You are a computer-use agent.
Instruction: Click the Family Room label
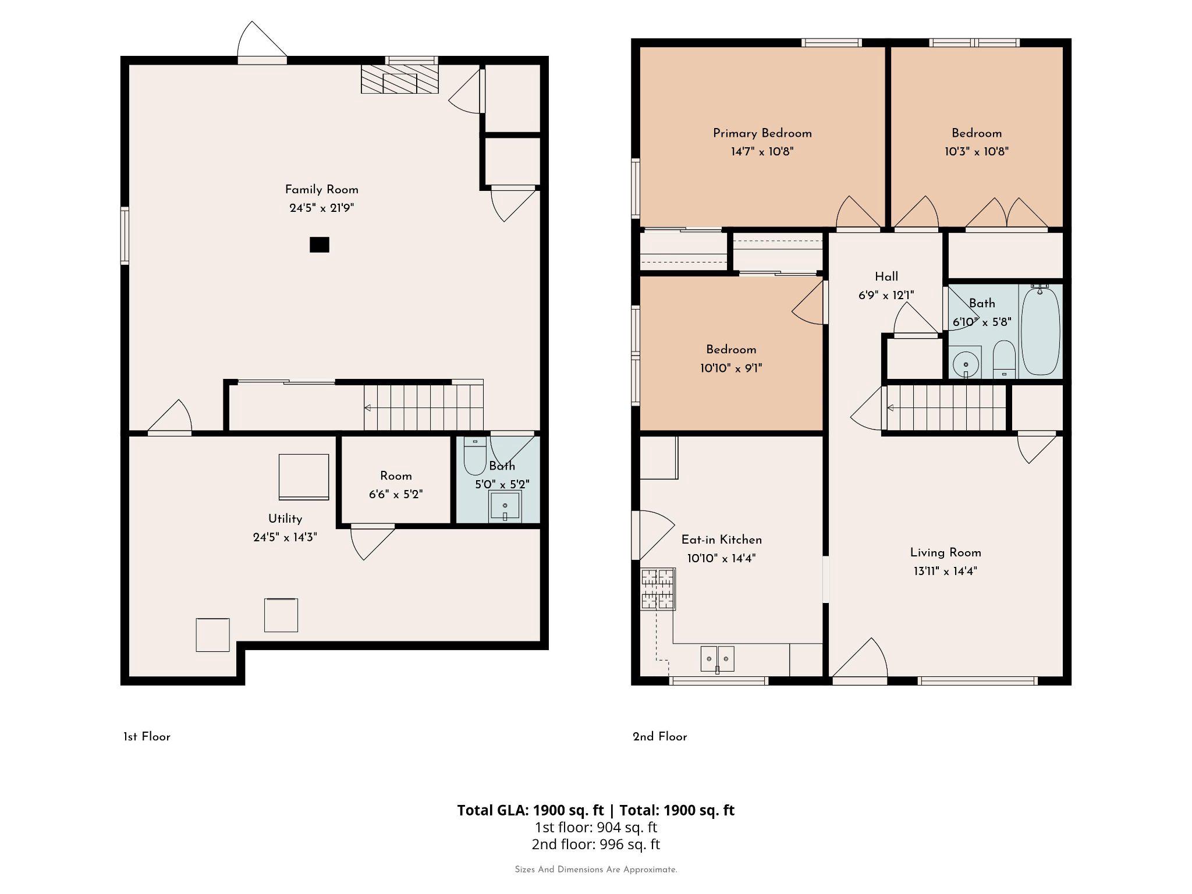[321, 190]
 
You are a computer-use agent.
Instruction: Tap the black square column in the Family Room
[319, 244]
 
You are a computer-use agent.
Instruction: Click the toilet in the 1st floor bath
[475, 457]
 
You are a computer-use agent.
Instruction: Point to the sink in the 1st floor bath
[505, 506]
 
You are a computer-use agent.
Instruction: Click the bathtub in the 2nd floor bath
[1040, 331]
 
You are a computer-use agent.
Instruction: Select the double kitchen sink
[717, 659]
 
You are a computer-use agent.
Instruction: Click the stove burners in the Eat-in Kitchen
[658, 589]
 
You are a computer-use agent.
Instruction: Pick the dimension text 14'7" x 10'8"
[762, 152]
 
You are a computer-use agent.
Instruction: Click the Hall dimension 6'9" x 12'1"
[886, 296]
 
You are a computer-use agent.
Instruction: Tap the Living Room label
[945, 552]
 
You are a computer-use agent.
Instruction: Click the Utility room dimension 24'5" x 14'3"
[285, 537]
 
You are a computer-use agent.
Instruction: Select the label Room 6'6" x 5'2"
[396, 485]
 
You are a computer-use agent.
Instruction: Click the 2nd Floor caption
[659, 737]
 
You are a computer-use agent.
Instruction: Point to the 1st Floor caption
[147, 737]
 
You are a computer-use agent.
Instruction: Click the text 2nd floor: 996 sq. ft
[595, 844]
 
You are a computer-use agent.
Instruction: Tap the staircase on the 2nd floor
[946, 408]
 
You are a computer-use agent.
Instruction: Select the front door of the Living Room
[859, 661]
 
